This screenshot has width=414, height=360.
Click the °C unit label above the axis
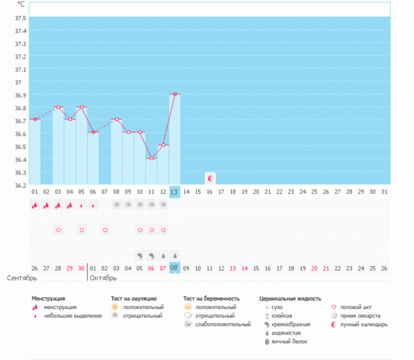pyautogui.click(x=21, y=5)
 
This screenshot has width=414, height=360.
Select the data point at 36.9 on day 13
pyautogui.click(x=175, y=94)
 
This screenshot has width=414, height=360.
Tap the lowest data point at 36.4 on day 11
pyautogui.click(x=151, y=159)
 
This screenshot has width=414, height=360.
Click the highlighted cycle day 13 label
pyautogui.click(x=175, y=191)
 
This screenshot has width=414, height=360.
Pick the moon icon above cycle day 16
pyautogui.click(x=210, y=178)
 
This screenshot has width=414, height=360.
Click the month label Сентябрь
pyautogui.click(x=21, y=278)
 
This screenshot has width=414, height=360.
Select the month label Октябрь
pyautogui.click(x=103, y=278)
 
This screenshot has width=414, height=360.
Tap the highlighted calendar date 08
pyautogui.click(x=175, y=268)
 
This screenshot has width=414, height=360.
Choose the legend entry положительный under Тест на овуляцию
pyautogui.click(x=139, y=307)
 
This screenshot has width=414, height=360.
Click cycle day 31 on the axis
pyautogui.click(x=385, y=191)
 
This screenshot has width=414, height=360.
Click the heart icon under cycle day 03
pyautogui.click(x=59, y=230)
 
